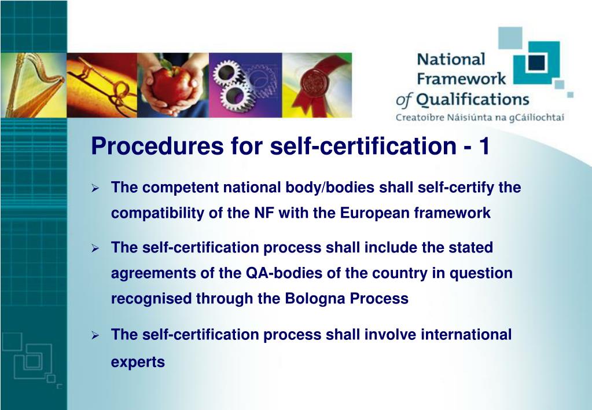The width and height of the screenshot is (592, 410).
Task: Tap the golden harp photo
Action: click(x=34, y=85)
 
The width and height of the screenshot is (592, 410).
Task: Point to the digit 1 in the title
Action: click(x=484, y=147)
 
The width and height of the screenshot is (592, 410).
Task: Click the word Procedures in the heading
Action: click(x=157, y=147)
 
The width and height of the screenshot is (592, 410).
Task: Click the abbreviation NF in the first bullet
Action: click(x=264, y=213)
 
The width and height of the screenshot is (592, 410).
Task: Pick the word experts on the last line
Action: click(x=138, y=363)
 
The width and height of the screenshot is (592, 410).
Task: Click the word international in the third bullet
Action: click(x=466, y=335)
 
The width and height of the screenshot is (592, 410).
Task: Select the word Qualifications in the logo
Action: click(x=472, y=100)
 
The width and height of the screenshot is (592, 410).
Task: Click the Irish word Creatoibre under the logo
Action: click(x=420, y=118)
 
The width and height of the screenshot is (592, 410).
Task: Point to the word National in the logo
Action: click(x=451, y=60)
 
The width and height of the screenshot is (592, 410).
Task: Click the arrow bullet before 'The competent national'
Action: click(x=95, y=188)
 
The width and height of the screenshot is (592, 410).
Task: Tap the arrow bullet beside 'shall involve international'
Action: click(x=95, y=335)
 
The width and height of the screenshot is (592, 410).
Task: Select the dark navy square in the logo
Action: click(x=536, y=63)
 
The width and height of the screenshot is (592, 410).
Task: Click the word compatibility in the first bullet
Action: click(x=157, y=214)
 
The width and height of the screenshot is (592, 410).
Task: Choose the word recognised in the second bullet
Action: click(x=152, y=299)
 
